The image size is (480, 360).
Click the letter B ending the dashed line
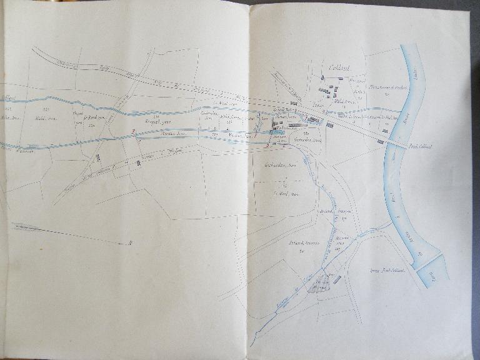130,241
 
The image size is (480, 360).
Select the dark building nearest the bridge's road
380,142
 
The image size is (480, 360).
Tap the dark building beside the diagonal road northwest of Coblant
293,102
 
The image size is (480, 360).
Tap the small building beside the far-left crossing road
98,159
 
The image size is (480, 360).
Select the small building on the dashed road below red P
138,162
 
